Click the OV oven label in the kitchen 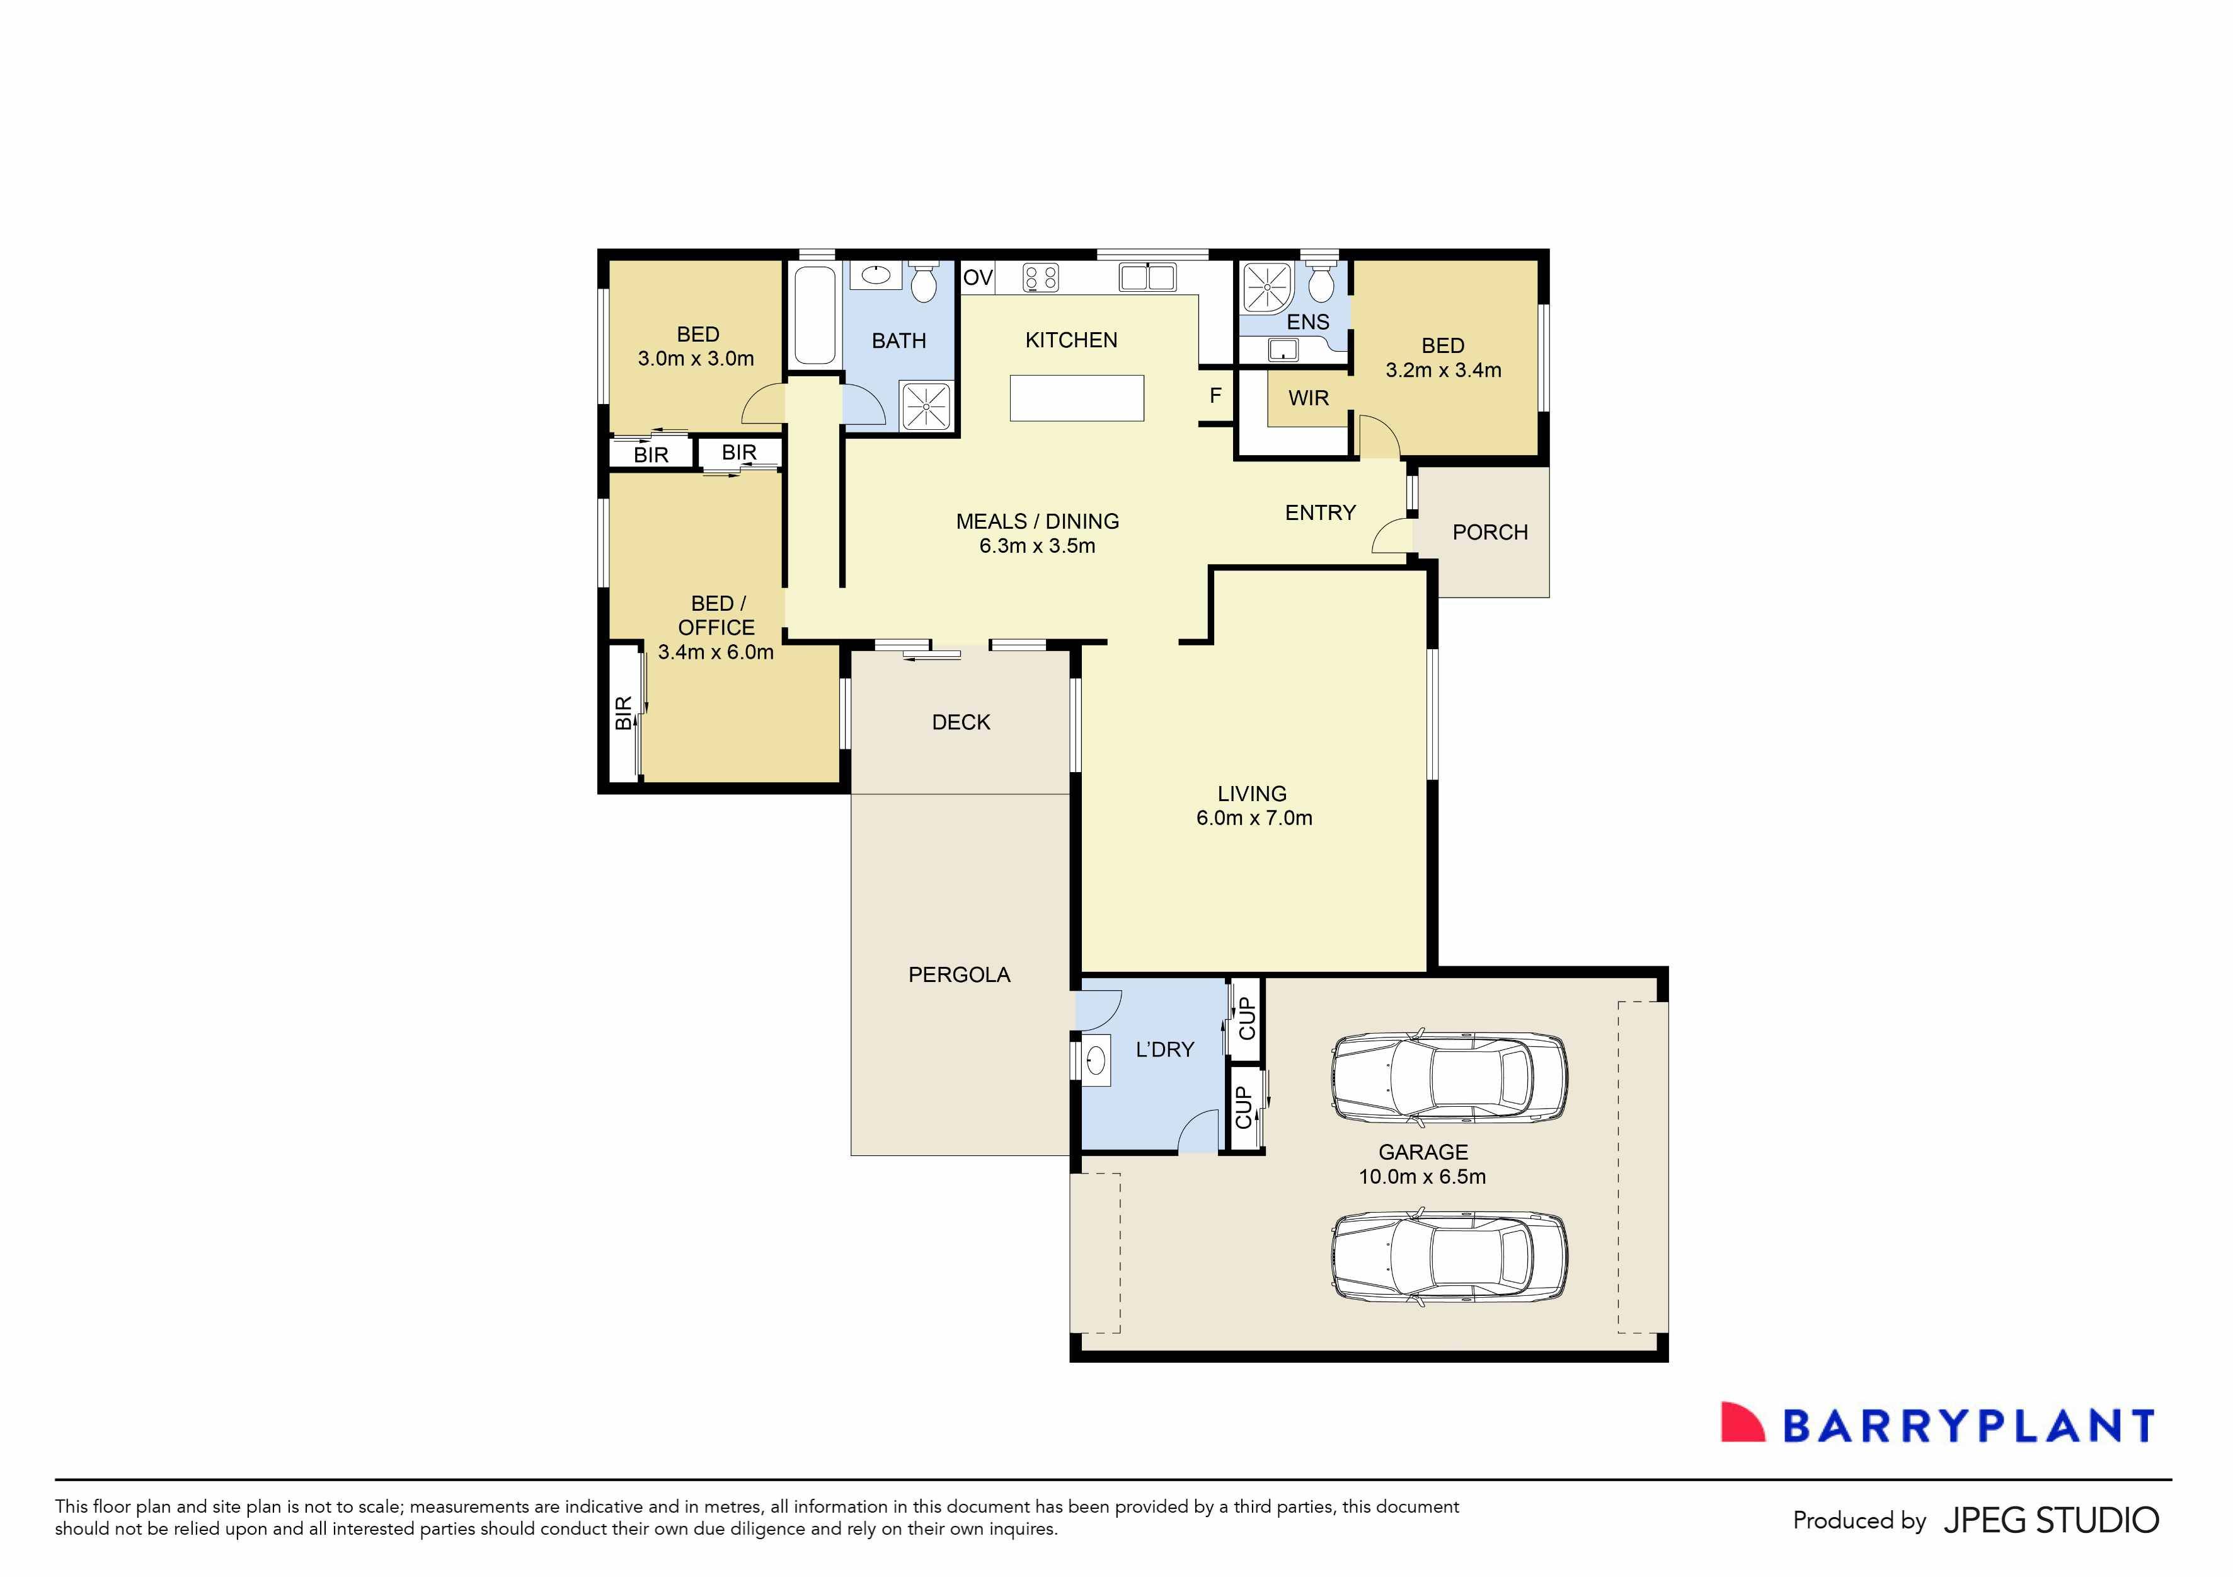[x=977, y=278]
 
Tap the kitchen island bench [x=1077, y=398]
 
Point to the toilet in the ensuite [x=1320, y=284]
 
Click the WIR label [x=1308, y=398]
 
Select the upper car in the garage [x=1448, y=1078]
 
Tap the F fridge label [x=1215, y=396]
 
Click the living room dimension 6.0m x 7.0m [x=1254, y=818]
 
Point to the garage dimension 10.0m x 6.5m [x=1422, y=1176]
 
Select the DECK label [x=961, y=722]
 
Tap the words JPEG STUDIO [x=2050, y=1520]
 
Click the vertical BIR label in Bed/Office [x=623, y=713]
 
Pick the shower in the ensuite [x=1267, y=286]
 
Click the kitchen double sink [x=1147, y=277]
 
